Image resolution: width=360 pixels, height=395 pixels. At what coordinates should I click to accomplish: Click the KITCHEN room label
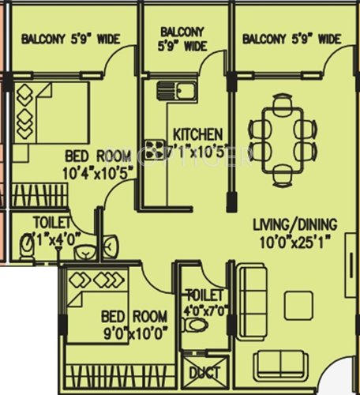[197, 134]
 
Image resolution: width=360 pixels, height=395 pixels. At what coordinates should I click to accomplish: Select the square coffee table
[298, 305]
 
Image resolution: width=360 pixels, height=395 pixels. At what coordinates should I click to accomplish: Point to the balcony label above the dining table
[291, 39]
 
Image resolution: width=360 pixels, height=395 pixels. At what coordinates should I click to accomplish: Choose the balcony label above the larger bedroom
[65, 39]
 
